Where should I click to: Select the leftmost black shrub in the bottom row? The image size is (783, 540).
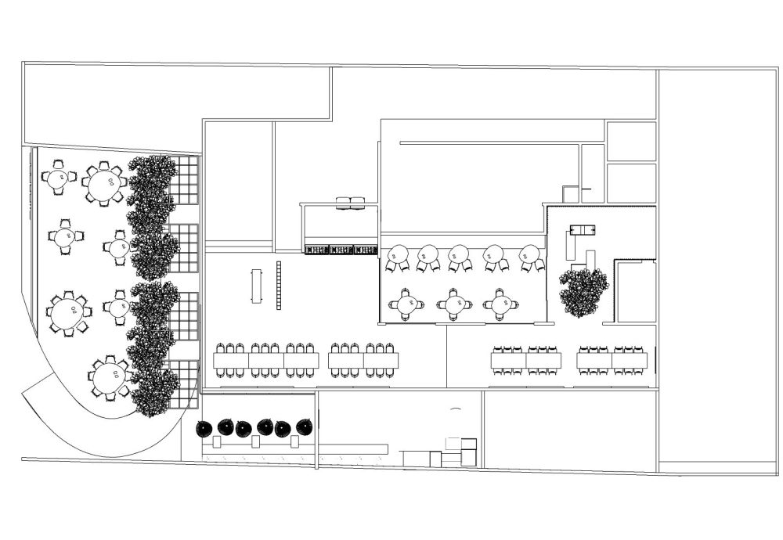(204, 428)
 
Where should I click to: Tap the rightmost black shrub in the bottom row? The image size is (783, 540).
(304, 427)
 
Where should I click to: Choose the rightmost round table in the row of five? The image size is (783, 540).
(530, 254)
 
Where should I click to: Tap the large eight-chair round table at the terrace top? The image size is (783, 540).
(104, 185)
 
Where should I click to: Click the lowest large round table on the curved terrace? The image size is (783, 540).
(108, 378)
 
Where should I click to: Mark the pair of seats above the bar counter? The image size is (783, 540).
(350, 203)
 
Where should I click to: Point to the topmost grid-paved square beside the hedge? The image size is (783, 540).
(186, 177)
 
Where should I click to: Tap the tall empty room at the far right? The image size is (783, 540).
(718, 266)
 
